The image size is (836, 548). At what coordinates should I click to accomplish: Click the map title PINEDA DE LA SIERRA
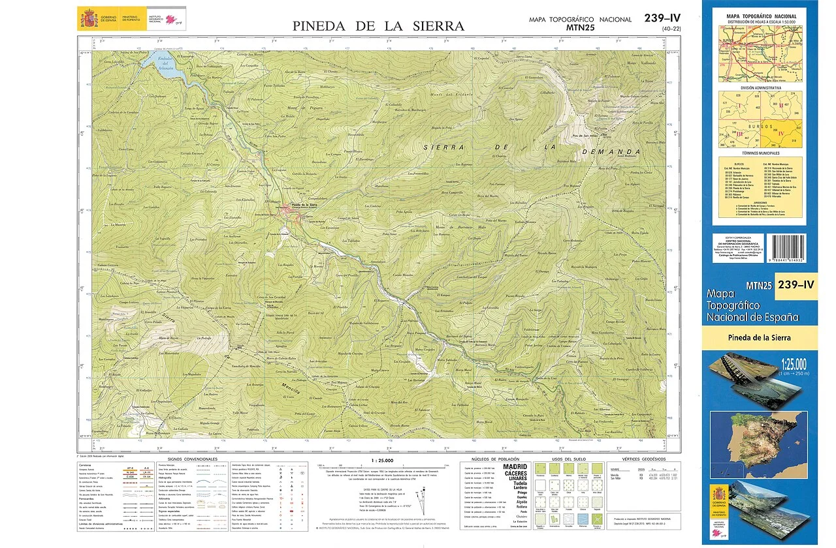[x=378, y=26]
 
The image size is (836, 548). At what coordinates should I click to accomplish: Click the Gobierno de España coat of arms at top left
[x=88, y=18]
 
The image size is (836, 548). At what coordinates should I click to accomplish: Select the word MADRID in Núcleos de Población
[x=515, y=467]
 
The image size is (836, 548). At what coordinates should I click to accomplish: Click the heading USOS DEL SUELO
[x=566, y=459]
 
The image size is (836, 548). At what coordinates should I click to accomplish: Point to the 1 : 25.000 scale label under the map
[x=381, y=461]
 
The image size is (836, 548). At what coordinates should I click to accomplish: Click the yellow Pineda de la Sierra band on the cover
[x=759, y=337]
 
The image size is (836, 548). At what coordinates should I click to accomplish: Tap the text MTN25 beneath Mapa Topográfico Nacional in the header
[x=581, y=27]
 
